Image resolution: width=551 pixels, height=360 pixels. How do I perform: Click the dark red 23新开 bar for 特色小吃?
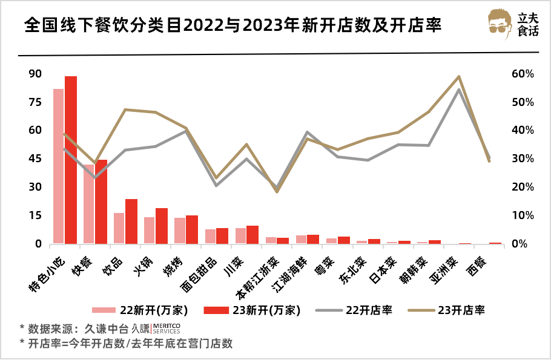71,160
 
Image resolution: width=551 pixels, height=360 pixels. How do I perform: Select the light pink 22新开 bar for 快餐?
89,204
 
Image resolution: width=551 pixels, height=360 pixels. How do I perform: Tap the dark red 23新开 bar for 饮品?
131,221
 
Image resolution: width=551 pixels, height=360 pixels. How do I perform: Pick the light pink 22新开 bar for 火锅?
149,231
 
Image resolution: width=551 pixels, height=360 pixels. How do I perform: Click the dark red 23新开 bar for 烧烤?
192,230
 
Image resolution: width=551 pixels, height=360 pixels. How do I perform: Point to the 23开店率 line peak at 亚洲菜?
459,77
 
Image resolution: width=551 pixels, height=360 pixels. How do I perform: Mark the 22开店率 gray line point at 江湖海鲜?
308,132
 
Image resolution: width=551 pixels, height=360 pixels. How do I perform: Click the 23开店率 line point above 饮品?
125,110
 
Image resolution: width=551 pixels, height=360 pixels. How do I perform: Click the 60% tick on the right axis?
521,74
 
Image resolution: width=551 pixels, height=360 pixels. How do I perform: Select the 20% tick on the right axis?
521,187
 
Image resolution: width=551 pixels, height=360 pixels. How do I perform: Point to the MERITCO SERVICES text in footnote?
166,329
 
